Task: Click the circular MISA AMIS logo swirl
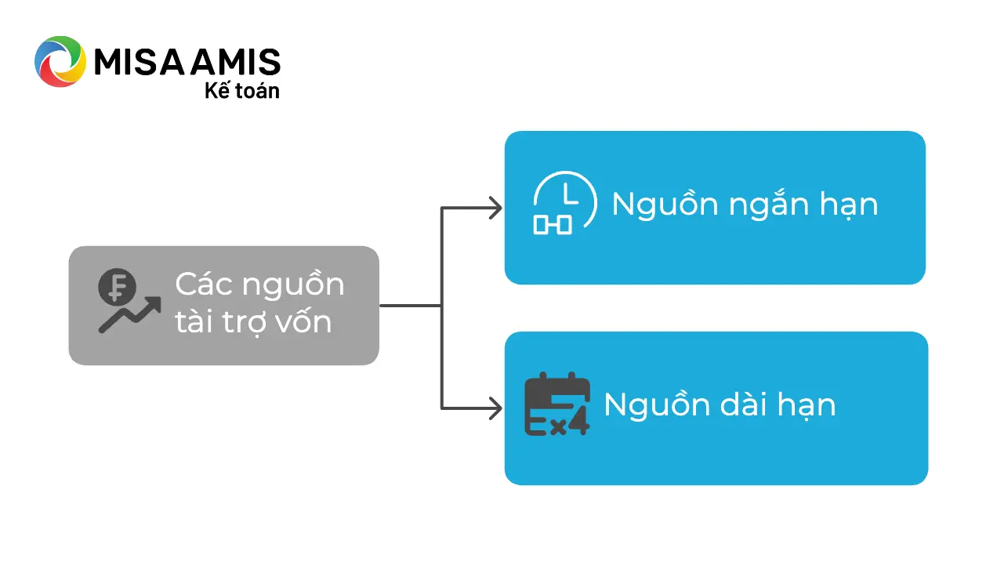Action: point(60,61)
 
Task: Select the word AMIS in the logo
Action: point(236,61)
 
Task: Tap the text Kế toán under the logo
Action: point(242,91)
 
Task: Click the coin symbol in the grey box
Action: point(117,287)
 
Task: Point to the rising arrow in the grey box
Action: point(129,315)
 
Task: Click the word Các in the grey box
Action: point(204,284)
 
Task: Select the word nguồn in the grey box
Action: point(293,285)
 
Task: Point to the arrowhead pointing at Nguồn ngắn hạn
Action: point(496,208)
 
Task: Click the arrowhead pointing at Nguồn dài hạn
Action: point(496,408)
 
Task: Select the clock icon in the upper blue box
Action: point(565,202)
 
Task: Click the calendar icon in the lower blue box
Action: point(557,404)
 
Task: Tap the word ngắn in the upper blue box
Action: point(769,205)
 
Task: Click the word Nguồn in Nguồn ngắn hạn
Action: point(665,204)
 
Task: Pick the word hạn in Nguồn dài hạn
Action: point(807,407)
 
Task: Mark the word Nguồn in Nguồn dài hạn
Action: point(657,404)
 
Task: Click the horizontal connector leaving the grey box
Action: point(411,306)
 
